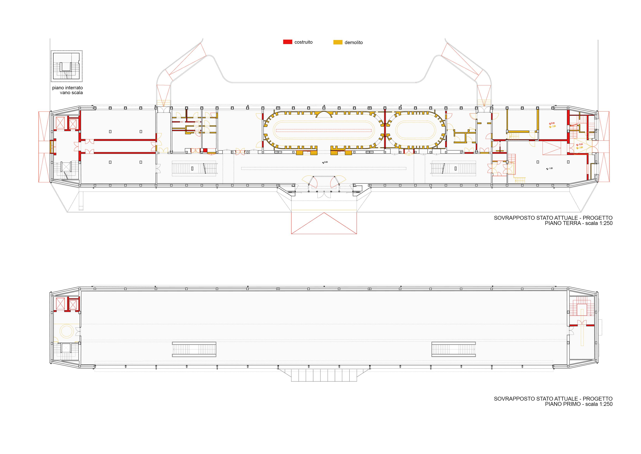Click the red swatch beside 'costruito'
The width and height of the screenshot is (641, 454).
288,42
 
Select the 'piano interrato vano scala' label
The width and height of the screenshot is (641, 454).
68,90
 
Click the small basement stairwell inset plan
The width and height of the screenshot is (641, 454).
66,66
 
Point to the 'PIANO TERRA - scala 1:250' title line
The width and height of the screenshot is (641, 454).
578,223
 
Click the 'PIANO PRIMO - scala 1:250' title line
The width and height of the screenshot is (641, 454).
578,404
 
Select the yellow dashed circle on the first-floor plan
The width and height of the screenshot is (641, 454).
67,330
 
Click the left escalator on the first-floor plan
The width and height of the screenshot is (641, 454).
194,349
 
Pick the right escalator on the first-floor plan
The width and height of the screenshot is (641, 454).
454,349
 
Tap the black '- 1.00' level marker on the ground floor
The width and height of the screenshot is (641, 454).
550,168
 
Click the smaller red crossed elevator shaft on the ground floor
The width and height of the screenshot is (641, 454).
73,123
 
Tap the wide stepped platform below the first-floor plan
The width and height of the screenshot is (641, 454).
324,375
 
